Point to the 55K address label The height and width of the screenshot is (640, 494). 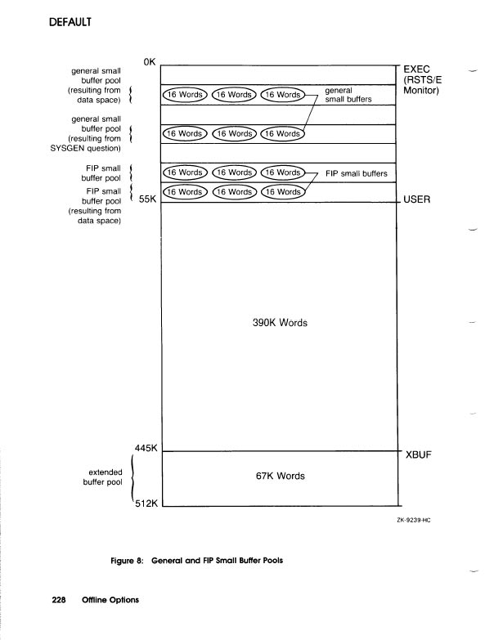pos(148,200)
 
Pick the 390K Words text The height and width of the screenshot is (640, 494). pos(280,323)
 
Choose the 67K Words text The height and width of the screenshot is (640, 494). pos(280,476)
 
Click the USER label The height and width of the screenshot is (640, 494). pos(420,199)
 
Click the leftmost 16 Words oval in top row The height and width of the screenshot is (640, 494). pos(186,94)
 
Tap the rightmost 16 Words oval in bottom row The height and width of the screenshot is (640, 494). pos(281,192)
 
